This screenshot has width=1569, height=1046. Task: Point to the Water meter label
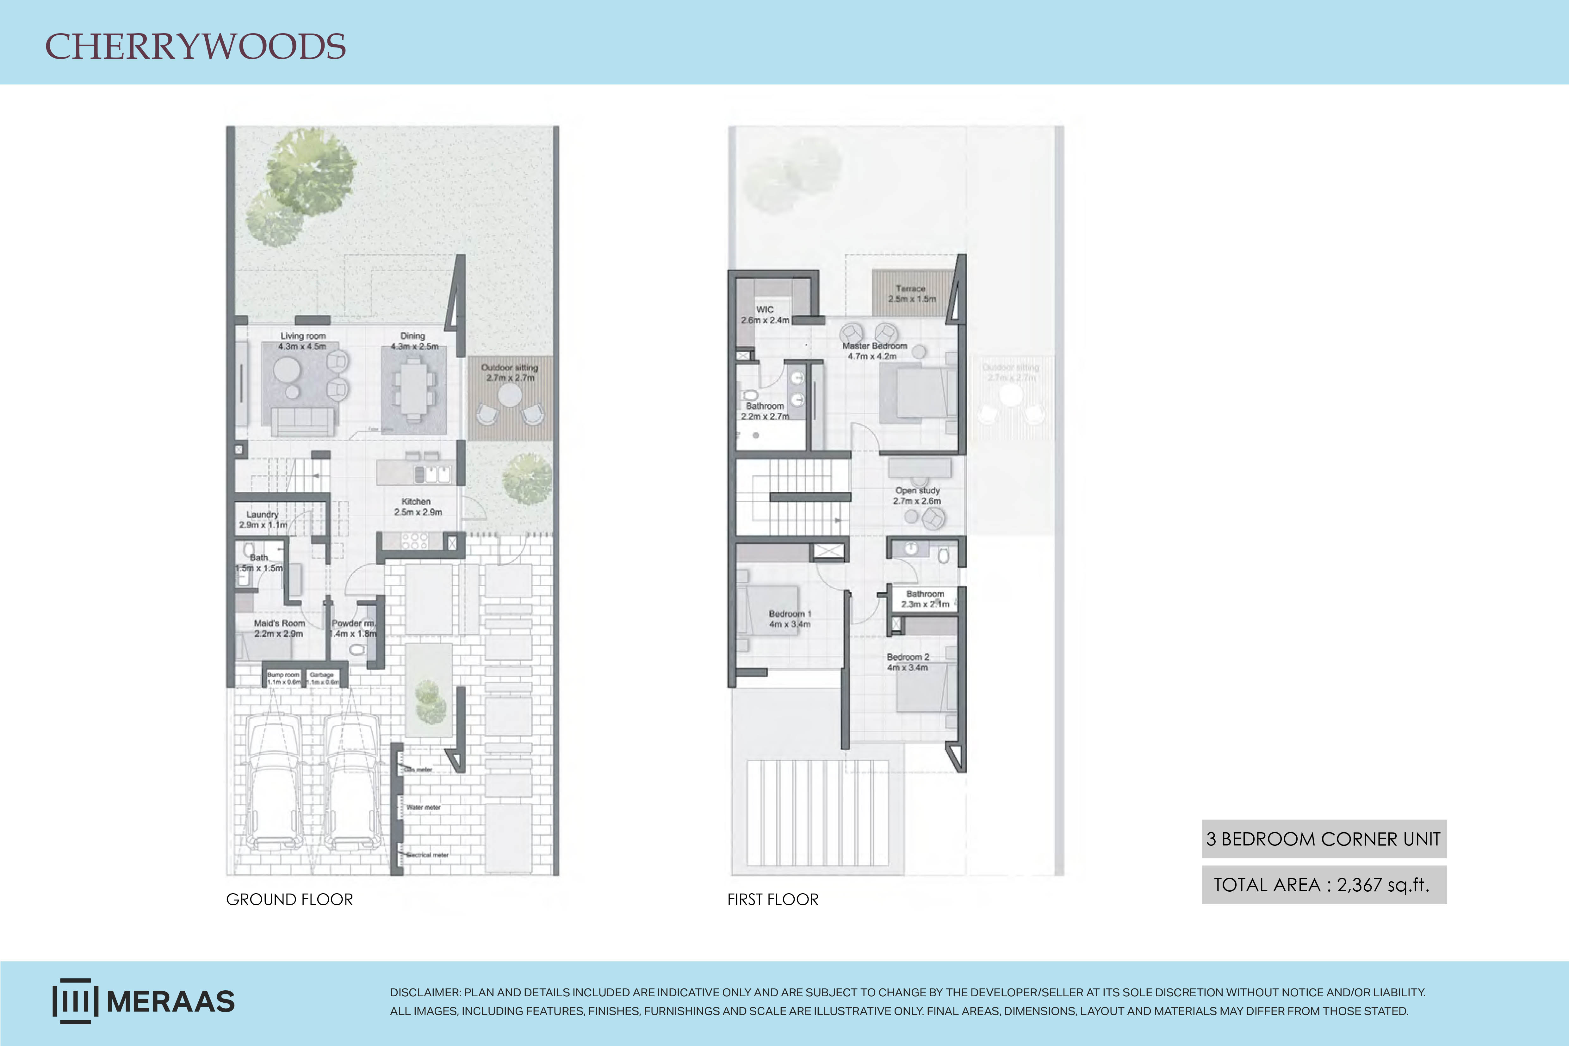(423, 807)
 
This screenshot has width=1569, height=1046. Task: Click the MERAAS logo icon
(75, 1001)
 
